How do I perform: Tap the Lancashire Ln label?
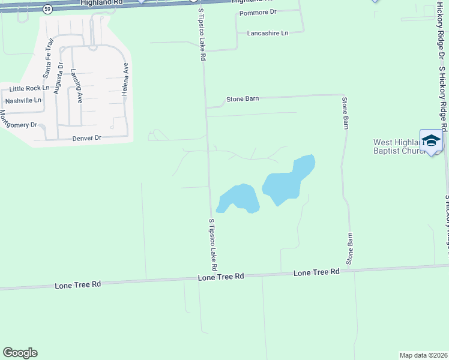(x=268, y=33)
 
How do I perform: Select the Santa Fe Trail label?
(x=48, y=58)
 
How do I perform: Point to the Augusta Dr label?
(x=58, y=79)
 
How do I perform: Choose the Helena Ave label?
(x=126, y=76)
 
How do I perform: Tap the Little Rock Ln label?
(x=29, y=89)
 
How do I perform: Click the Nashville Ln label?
(x=23, y=100)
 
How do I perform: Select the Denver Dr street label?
(x=86, y=138)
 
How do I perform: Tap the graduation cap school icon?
(x=430, y=141)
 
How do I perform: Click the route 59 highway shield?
(x=48, y=9)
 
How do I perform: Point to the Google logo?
(x=20, y=353)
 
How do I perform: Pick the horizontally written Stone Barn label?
(x=243, y=99)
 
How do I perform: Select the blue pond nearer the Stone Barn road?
(x=289, y=178)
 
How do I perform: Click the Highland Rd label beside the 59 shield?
(x=101, y=3)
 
